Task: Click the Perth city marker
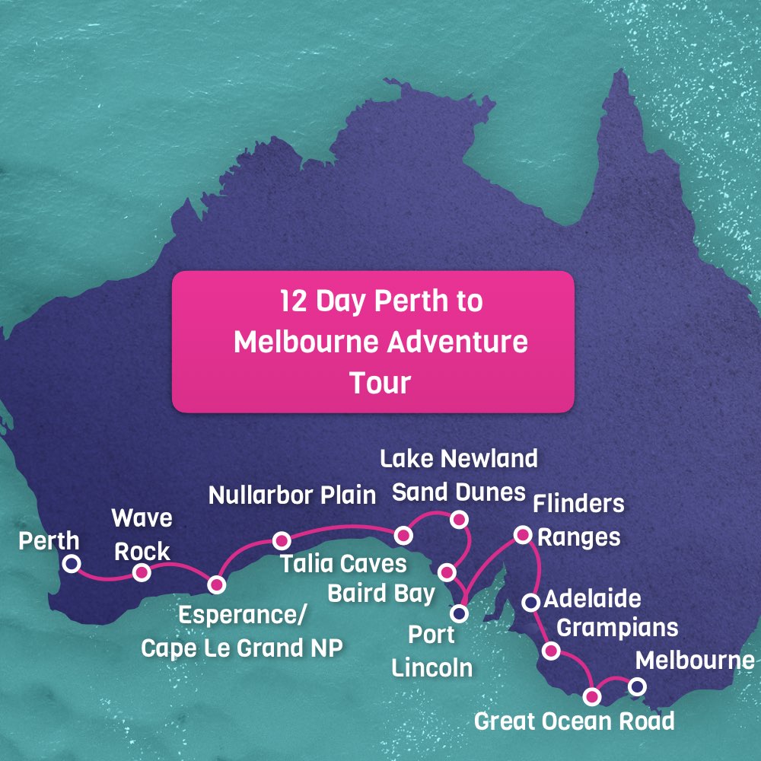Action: [x=71, y=564]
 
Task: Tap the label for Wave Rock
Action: [x=142, y=534]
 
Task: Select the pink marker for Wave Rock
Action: [x=142, y=572]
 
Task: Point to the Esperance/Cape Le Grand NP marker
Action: [x=217, y=584]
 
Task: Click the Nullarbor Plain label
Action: [x=293, y=495]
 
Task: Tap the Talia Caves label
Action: [x=343, y=565]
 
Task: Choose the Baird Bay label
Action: [x=380, y=593]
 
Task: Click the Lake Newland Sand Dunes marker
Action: [x=458, y=520]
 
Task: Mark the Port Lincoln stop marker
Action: [x=459, y=612]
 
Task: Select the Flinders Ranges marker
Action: [x=523, y=535]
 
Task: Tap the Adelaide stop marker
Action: [x=531, y=603]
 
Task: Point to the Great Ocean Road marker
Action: [x=592, y=696]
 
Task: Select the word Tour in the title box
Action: [x=380, y=383]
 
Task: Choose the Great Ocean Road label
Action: [x=574, y=721]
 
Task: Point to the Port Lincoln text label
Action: [x=431, y=651]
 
